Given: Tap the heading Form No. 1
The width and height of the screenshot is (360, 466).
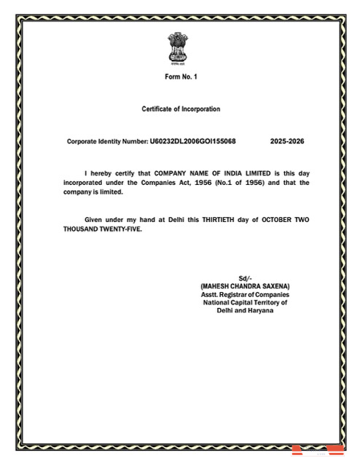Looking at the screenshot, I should coord(181,77).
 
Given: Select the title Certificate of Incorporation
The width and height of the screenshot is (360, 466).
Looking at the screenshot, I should coord(181,109).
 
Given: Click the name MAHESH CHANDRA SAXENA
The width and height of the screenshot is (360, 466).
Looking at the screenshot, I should coord(245,286).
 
